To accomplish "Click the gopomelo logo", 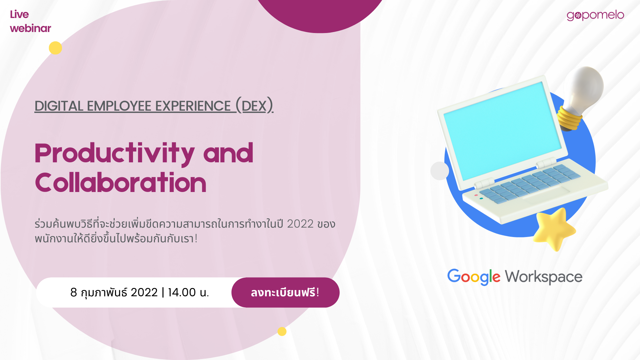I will (x=595, y=15).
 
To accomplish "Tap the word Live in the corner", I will (x=19, y=14).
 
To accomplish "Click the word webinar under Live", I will (x=30, y=28).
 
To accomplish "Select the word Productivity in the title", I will (x=114, y=153).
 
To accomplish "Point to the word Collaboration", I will (x=121, y=183).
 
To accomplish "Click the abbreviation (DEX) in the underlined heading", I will (x=254, y=106).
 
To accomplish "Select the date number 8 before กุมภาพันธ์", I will (x=74, y=292).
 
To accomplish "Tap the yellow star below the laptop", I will (x=554, y=228).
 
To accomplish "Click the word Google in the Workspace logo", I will (x=474, y=277).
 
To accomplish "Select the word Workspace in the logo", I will (x=544, y=277).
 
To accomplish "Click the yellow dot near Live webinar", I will (x=55, y=48).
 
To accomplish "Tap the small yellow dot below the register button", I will (x=282, y=331).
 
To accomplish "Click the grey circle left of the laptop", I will (x=440, y=171).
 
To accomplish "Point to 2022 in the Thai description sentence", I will (x=300, y=224).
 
